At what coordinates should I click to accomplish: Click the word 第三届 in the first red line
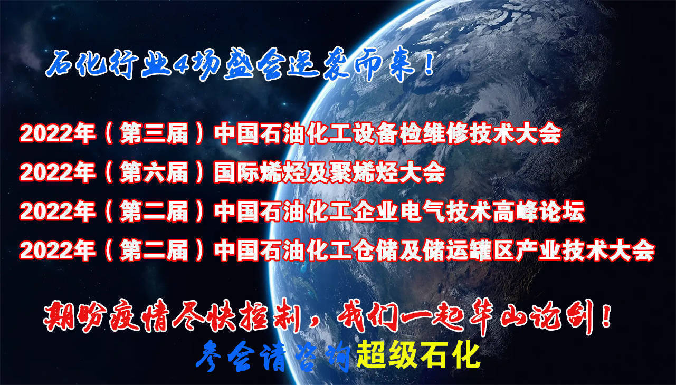[154, 133]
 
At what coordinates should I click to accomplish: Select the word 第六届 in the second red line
[154, 172]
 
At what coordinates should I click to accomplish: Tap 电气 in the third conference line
[423, 211]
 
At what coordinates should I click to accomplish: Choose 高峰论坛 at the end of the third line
[539, 211]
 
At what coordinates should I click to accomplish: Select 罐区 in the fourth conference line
[492, 250]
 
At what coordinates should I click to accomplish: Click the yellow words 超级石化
[418, 354]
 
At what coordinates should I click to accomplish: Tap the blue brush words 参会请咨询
[273, 356]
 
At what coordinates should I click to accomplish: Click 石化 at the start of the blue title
[77, 64]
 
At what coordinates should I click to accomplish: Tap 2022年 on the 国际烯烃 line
[58, 172]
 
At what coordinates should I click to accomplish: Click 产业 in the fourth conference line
[539, 250]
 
